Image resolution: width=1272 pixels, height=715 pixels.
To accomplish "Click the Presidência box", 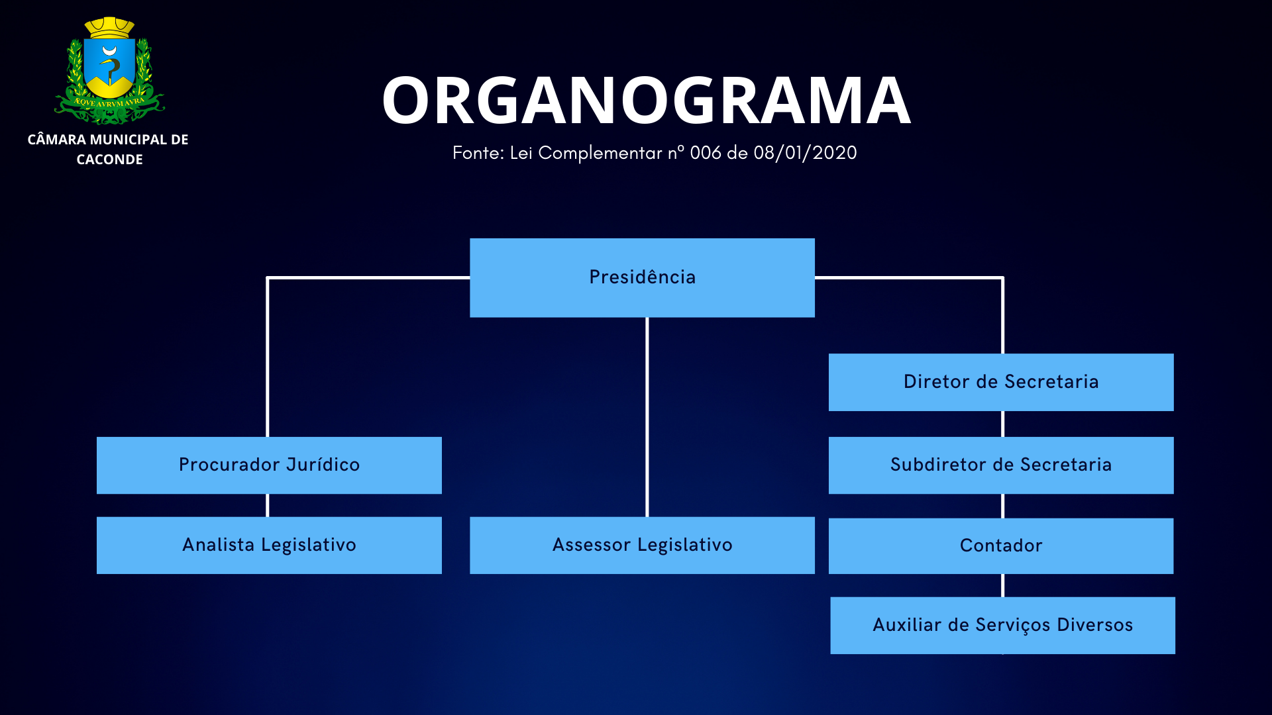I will pyautogui.click(x=642, y=277).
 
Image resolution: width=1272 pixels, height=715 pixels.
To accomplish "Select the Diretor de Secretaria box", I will pyautogui.click(x=1001, y=382).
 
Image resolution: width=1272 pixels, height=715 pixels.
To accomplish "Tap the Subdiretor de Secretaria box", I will pyautogui.click(x=1001, y=465).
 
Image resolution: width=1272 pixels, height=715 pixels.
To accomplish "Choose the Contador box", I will pyautogui.click(x=1001, y=546).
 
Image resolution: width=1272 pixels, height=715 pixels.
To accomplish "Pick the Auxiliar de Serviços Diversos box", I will pyautogui.click(x=1002, y=625).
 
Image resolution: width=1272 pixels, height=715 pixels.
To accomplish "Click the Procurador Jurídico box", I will pyautogui.click(x=269, y=465).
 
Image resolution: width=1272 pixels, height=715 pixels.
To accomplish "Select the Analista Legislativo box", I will pyautogui.click(x=269, y=545).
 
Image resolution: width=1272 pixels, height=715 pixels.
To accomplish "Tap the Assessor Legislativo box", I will pyautogui.click(x=642, y=545).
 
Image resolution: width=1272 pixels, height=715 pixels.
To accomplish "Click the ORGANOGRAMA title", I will pyautogui.click(x=646, y=101).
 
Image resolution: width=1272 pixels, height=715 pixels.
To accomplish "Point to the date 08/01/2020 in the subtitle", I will pyautogui.click(x=805, y=153).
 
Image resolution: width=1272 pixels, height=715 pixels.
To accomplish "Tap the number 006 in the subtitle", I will pyautogui.click(x=706, y=153).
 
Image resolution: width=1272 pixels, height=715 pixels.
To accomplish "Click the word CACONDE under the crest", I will pyautogui.click(x=109, y=160).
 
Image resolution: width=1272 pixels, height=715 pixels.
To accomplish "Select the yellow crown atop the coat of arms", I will pyautogui.click(x=109, y=28).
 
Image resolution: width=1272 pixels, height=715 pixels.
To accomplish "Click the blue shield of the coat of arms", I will pyautogui.click(x=109, y=66).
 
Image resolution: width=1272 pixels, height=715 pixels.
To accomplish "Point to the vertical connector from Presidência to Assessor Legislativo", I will pyautogui.click(x=647, y=417).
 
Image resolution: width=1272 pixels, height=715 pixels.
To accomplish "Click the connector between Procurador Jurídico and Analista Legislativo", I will pyautogui.click(x=267, y=505).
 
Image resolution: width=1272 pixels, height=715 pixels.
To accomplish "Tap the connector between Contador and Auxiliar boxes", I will pyautogui.click(x=1002, y=585).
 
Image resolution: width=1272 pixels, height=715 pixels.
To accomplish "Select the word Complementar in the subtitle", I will pyautogui.click(x=600, y=153).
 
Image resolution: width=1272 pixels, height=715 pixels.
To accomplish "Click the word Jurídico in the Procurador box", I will pyautogui.click(x=323, y=465).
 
